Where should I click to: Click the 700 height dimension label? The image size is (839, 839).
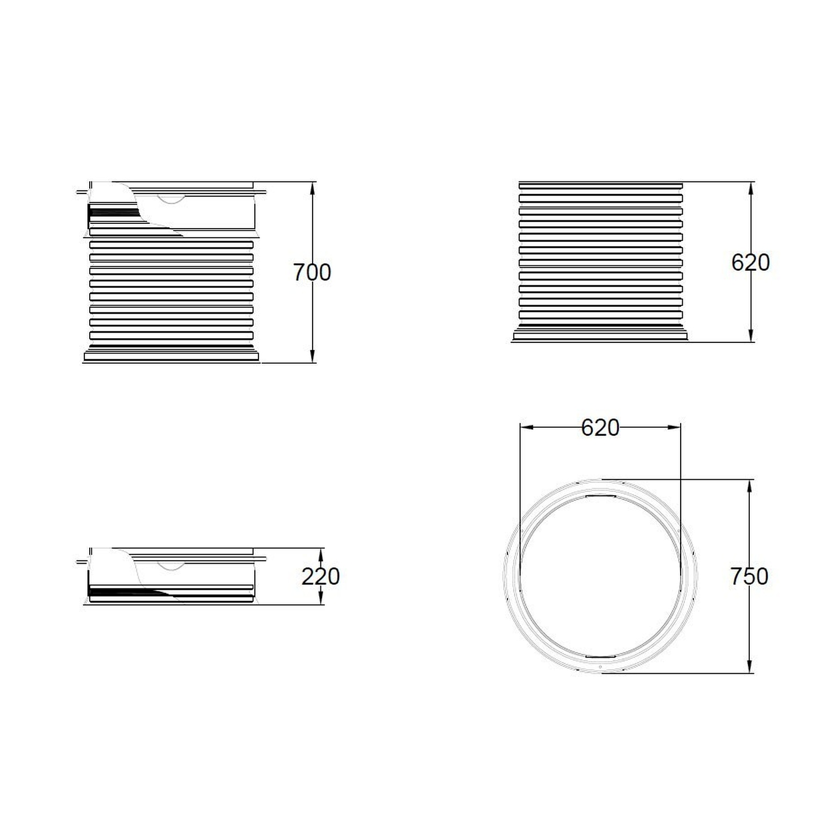point(312,273)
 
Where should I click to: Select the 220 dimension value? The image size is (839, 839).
point(320,577)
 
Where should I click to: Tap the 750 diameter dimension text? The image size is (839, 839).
point(749,577)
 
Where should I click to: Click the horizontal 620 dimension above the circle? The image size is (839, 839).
point(600,428)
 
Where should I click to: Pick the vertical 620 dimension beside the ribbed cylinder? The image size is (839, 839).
point(750,262)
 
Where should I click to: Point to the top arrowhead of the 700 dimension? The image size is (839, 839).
point(313,188)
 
